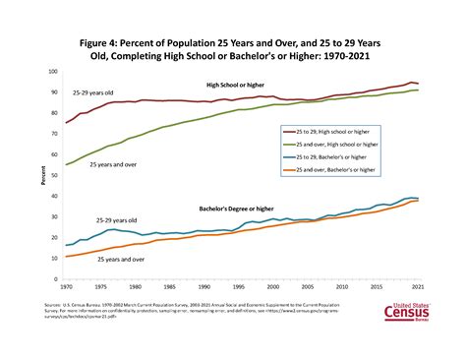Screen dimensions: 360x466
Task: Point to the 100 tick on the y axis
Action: tap(53, 73)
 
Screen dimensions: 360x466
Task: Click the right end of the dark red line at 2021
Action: tap(418, 84)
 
